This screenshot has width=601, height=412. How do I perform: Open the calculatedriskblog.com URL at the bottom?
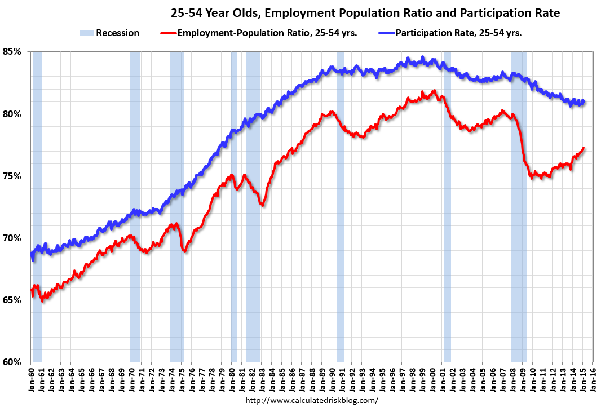(312, 401)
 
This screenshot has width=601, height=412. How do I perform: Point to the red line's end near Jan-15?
(584, 148)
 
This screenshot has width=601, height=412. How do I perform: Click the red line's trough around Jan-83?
(263, 205)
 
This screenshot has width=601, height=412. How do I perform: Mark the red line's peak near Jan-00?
(434, 91)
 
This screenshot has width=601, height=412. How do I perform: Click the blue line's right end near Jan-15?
(584, 102)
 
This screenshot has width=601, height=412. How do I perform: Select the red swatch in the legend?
(168, 33)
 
